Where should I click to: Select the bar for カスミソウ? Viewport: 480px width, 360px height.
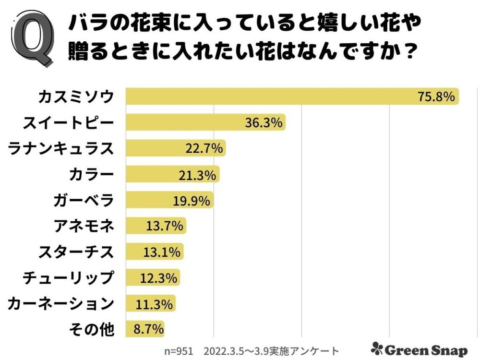[292, 96]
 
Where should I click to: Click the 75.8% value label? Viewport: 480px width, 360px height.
[435, 96]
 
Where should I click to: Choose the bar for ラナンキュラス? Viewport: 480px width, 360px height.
[175, 148]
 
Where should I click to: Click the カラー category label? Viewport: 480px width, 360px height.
[91, 174]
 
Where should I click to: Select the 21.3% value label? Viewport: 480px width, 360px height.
[199, 175]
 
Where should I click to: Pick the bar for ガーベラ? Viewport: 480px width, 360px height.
[169, 200]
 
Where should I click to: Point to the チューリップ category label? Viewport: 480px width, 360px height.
[69, 277]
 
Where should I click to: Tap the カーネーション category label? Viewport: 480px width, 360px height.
[61, 303]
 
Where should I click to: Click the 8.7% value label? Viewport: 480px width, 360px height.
[148, 329]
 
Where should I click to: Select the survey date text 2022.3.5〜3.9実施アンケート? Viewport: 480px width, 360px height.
[271, 350]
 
